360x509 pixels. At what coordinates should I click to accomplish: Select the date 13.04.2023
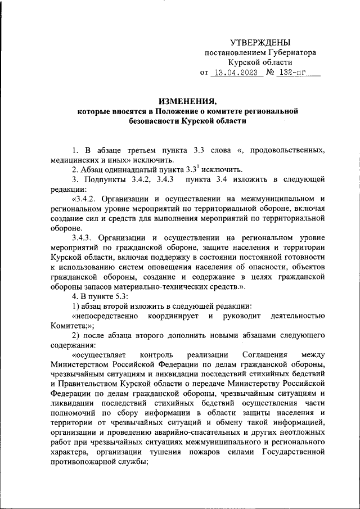pyautogui.click(x=234, y=73)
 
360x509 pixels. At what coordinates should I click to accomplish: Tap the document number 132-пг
pyautogui.click(x=293, y=73)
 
